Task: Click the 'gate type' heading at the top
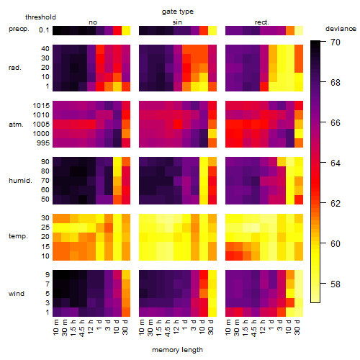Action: click(x=178, y=12)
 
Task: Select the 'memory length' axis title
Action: click(x=177, y=350)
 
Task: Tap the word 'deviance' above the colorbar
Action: click(x=341, y=29)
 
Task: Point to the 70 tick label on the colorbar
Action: click(x=336, y=42)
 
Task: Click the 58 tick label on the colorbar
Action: click(x=336, y=284)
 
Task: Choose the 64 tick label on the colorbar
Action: click(x=336, y=163)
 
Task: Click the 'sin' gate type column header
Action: click(x=177, y=22)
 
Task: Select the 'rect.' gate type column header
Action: click(x=262, y=22)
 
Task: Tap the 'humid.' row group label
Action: click(x=20, y=181)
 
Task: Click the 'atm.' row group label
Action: click(x=16, y=125)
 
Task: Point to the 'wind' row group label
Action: click(x=17, y=294)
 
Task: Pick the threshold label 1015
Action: click(x=41, y=106)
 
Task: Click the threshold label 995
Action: click(x=43, y=143)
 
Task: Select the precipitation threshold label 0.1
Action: click(x=44, y=30)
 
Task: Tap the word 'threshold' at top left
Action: click(x=40, y=17)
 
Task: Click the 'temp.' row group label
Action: click(x=18, y=236)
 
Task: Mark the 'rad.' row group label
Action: click(x=15, y=68)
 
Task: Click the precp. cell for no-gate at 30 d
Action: click(x=126, y=30)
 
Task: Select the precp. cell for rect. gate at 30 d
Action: click(x=299, y=30)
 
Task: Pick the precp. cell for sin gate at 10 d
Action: click(x=204, y=30)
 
